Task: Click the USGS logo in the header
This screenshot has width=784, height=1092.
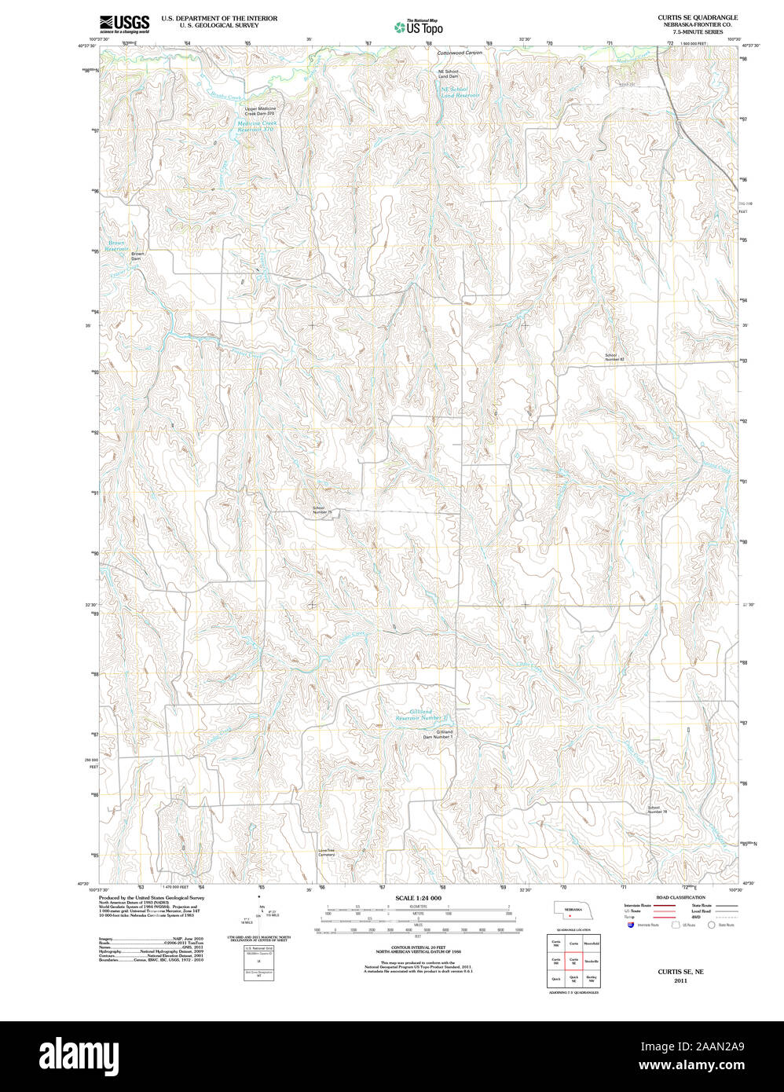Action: tap(124, 24)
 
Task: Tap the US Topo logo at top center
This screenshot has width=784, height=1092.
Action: tap(419, 27)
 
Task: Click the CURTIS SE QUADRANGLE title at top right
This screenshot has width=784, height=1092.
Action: tap(698, 17)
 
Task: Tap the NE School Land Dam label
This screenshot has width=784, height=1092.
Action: tap(448, 74)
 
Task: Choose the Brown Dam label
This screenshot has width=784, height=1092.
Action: tap(137, 255)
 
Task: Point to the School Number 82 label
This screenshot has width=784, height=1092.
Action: tap(614, 357)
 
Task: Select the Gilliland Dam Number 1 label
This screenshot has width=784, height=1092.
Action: tap(439, 735)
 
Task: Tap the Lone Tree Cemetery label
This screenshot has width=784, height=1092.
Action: tap(327, 852)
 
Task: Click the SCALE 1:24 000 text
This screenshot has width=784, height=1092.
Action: tap(418, 898)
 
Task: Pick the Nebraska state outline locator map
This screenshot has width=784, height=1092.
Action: tap(573, 912)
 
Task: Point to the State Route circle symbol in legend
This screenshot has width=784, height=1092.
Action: tap(712, 925)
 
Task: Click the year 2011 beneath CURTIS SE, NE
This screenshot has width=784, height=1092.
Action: tap(680, 980)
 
